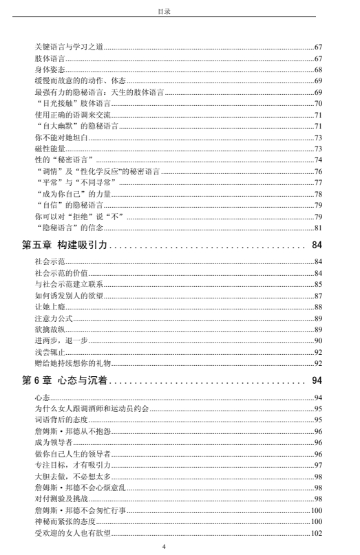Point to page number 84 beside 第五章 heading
[x=317, y=244]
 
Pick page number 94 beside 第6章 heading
[x=317, y=380]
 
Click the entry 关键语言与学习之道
[x=65, y=47]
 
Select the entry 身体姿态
[x=47, y=69]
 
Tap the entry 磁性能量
[x=47, y=149]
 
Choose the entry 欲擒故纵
[x=47, y=329]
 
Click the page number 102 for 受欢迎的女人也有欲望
[x=317, y=533]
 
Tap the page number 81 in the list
[x=319, y=228]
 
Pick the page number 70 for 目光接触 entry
[x=319, y=103]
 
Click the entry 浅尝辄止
[x=47, y=352]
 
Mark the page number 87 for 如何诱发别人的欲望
[x=319, y=296]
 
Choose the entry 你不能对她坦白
[x=56, y=138]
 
